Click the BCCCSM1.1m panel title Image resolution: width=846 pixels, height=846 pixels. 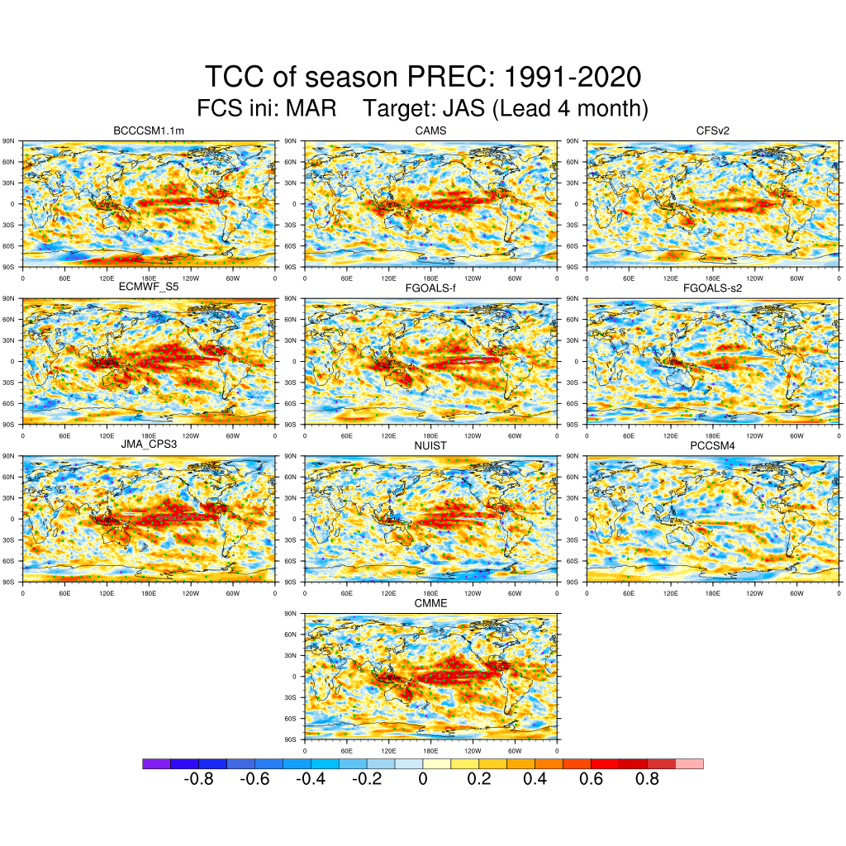click(x=149, y=131)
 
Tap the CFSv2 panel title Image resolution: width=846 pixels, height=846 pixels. click(x=712, y=131)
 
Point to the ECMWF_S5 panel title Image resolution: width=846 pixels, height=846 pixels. click(x=149, y=288)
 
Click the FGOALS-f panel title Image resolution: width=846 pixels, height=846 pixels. click(x=430, y=288)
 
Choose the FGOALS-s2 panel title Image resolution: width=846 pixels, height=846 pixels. click(x=712, y=288)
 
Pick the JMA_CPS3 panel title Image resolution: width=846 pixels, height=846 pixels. click(x=149, y=445)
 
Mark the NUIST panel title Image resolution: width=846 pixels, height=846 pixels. click(x=430, y=445)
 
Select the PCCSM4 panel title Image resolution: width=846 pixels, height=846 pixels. click(x=712, y=445)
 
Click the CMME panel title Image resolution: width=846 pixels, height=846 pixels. click(x=430, y=604)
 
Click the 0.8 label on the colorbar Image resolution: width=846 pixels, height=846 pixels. click(x=648, y=780)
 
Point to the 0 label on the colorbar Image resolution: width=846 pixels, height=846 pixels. click(x=423, y=780)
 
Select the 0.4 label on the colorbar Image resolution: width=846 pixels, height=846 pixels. click(x=535, y=780)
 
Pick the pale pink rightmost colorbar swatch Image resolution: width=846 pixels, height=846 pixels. click(x=689, y=764)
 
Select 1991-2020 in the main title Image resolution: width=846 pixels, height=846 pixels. click(x=572, y=78)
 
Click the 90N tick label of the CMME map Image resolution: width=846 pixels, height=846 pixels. click(x=290, y=614)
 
